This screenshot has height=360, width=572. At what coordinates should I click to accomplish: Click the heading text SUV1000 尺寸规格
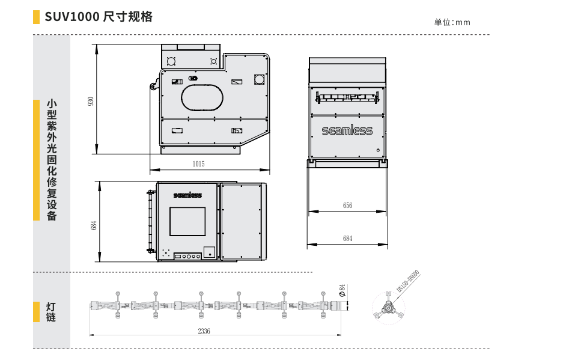99,17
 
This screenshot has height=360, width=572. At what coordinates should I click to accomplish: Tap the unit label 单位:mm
452,23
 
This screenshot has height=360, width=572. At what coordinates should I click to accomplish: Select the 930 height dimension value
91,101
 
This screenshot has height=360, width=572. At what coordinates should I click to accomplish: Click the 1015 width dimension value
198,163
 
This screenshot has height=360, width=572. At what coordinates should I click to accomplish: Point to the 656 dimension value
347,206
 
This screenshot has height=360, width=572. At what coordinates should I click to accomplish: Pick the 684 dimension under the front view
347,239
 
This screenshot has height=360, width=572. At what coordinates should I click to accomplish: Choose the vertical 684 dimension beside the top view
93,225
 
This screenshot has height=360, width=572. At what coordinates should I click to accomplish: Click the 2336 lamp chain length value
204,331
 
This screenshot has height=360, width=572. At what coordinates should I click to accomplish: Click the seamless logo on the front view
347,130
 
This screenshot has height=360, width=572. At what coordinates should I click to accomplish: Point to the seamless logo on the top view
187,195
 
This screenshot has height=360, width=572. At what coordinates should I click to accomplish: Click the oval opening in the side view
202,97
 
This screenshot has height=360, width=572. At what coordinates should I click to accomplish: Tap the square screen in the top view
187,221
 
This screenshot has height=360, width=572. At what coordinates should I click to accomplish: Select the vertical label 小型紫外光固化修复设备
52,160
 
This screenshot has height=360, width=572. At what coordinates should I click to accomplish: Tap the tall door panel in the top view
242,221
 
